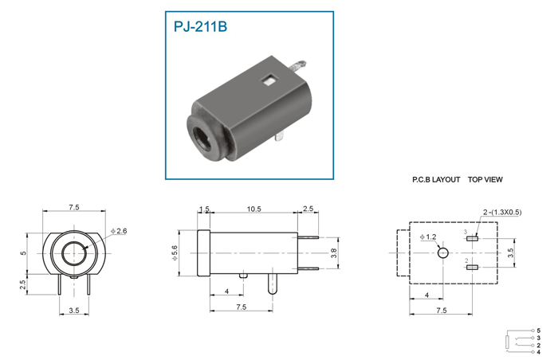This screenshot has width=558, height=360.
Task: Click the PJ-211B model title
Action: (200, 26)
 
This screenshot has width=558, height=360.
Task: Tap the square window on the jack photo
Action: (269, 80)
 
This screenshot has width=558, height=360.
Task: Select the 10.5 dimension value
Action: (253, 209)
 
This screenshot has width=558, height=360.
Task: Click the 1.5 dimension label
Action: (204, 209)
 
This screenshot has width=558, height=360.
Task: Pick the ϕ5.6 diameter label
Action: (175, 252)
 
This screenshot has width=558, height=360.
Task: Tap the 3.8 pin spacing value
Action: (334, 253)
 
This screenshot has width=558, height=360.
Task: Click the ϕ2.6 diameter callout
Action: (119, 231)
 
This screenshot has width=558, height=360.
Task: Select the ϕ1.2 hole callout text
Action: (428, 237)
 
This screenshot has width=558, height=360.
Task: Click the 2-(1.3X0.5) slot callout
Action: (502, 213)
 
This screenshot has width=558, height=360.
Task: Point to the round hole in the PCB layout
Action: (442, 253)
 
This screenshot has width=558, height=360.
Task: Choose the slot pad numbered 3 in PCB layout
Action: (472, 238)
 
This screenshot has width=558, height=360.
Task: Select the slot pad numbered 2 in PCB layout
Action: (472, 267)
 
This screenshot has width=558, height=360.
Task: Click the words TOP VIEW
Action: (485, 180)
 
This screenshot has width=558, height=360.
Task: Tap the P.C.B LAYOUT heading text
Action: (436, 180)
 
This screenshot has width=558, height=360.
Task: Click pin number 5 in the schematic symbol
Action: (538, 331)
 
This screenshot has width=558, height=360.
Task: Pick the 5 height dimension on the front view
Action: (23, 253)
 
